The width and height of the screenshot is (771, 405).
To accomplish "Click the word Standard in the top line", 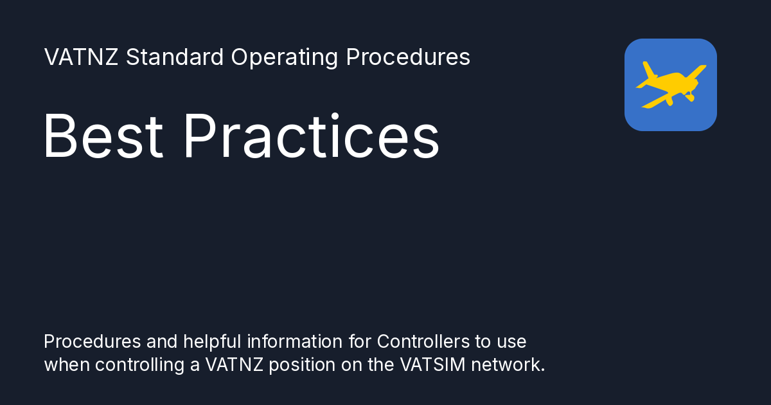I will [x=174, y=58].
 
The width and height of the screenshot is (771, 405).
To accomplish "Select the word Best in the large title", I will [x=103, y=136].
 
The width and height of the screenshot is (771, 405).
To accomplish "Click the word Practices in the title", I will [x=311, y=136].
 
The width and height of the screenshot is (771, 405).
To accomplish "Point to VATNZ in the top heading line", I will [x=82, y=58].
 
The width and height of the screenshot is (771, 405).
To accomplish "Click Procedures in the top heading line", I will [x=408, y=58].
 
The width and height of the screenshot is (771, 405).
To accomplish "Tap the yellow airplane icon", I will [x=670, y=84].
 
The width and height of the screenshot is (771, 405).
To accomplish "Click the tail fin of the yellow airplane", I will [x=648, y=69].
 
